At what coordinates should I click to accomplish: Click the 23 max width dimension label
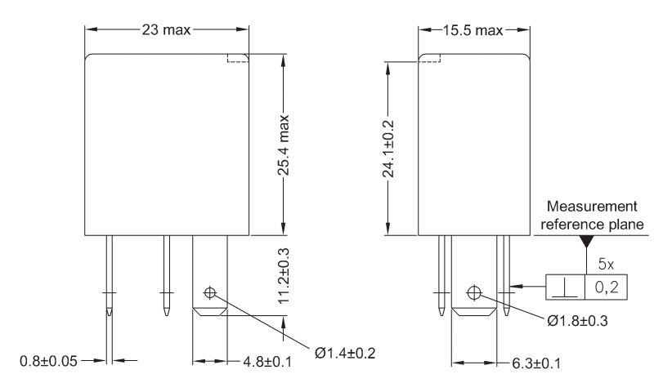(166, 29)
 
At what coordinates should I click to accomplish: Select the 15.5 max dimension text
(473, 30)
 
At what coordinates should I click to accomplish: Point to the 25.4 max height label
(284, 145)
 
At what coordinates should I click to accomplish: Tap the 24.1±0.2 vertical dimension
(388, 149)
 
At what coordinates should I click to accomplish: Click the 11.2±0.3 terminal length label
(284, 275)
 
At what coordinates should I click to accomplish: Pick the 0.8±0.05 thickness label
(48, 361)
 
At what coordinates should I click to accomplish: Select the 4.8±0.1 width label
(267, 362)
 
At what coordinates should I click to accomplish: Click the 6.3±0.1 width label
(536, 363)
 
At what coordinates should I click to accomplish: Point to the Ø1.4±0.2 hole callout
(345, 353)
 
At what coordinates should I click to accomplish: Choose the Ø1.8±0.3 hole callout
(578, 321)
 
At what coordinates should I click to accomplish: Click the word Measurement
(592, 206)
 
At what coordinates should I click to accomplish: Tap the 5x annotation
(606, 265)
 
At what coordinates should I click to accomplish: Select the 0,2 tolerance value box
(607, 287)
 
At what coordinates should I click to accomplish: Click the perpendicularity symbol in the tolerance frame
(566, 289)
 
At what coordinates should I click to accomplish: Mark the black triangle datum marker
(586, 242)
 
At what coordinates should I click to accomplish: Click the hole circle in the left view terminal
(210, 292)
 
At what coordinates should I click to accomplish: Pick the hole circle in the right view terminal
(474, 292)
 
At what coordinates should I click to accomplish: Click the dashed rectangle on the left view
(238, 58)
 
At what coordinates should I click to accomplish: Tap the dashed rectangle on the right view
(429, 58)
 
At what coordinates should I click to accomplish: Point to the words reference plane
(592, 225)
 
